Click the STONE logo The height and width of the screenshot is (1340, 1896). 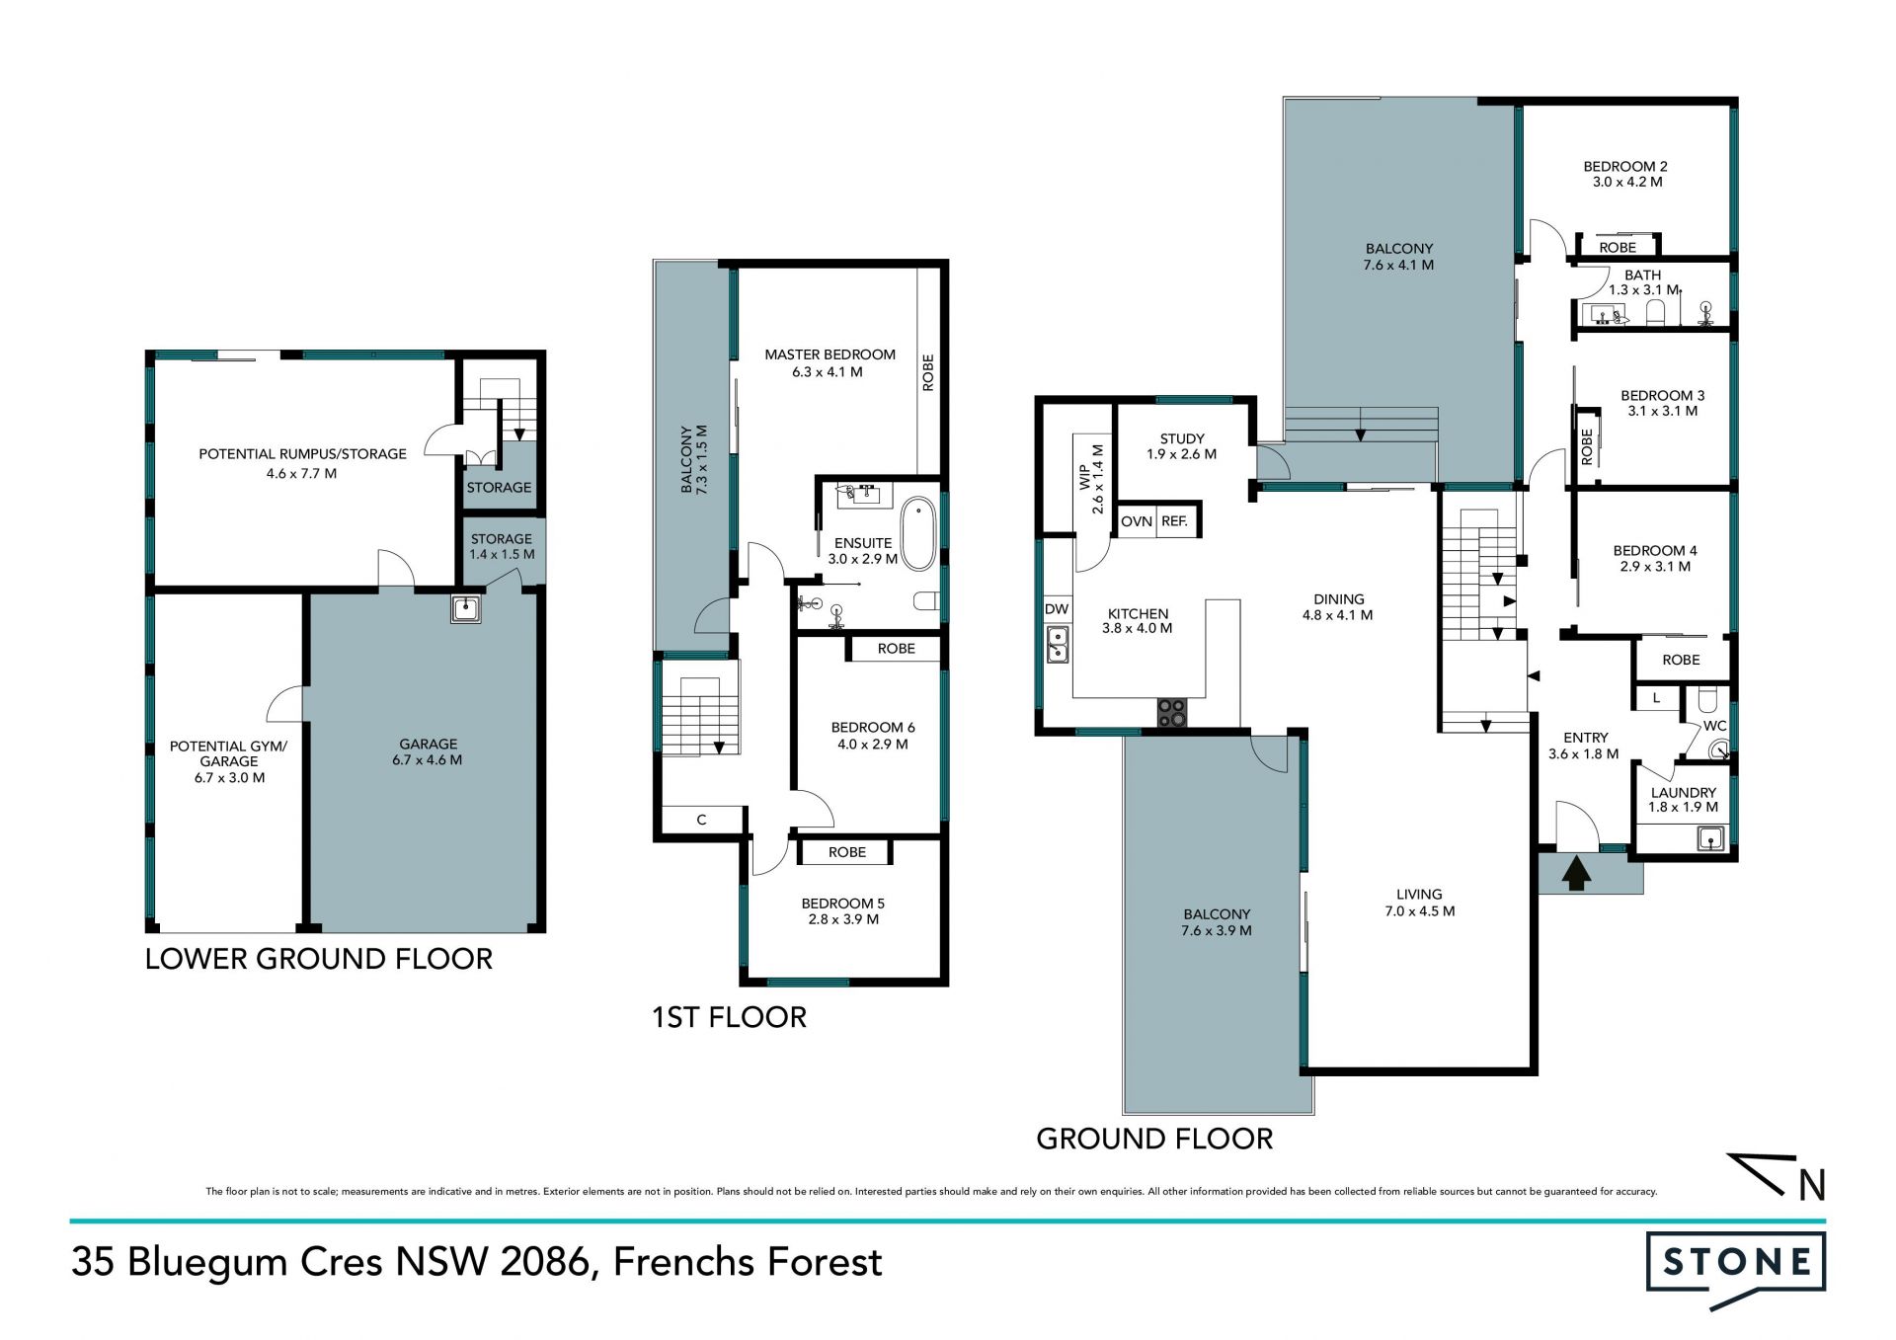pyautogui.click(x=1736, y=1269)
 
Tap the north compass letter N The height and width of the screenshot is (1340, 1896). pyautogui.click(x=1811, y=1185)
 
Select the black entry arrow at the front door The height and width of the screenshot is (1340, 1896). pyautogui.click(x=1576, y=874)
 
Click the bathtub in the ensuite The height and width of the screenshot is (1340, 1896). pyautogui.click(x=918, y=534)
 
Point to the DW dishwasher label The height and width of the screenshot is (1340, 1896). pyautogui.click(x=1056, y=609)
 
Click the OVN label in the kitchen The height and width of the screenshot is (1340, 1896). pyautogui.click(x=1137, y=521)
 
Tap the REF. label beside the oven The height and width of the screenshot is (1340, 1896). pyautogui.click(x=1174, y=521)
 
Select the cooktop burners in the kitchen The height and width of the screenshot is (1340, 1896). pyautogui.click(x=1172, y=712)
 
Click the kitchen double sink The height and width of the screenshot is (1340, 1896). pyautogui.click(x=1057, y=644)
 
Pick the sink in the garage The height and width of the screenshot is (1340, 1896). pyautogui.click(x=466, y=608)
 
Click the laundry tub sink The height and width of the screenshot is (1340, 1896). pyautogui.click(x=1709, y=838)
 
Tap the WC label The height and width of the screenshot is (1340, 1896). pyautogui.click(x=1715, y=726)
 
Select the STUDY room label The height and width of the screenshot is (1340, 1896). pyautogui.click(x=1182, y=438)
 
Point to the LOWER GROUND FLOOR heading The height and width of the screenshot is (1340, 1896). pyautogui.click(x=319, y=959)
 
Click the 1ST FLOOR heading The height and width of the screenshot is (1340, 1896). pyautogui.click(x=729, y=1017)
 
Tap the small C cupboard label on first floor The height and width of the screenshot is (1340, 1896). pyautogui.click(x=702, y=820)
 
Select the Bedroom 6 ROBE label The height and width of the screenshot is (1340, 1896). pyautogui.click(x=897, y=649)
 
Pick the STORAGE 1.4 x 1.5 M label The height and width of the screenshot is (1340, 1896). pyautogui.click(x=502, y=546)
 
